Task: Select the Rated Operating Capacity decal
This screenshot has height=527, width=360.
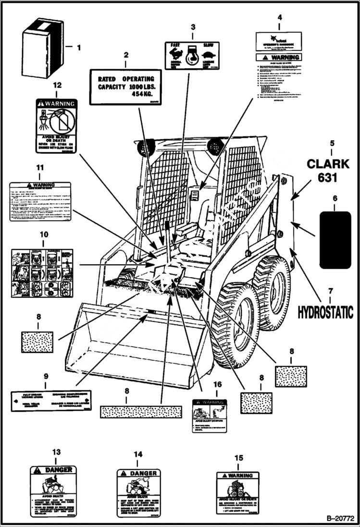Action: (126, 87)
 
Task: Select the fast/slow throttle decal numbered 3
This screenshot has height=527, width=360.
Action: (192, 56)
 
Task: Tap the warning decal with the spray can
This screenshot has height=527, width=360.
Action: (56, 125)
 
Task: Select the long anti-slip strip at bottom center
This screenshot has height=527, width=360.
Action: (141, 411)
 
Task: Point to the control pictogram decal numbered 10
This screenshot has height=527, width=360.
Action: (42, 273)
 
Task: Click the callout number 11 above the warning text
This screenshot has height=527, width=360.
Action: (40, 168)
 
